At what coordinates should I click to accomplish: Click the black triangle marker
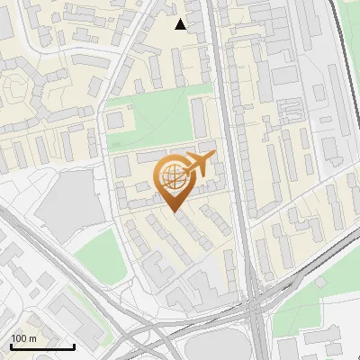181,24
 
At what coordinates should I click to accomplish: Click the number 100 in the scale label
20,337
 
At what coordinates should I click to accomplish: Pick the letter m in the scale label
33,337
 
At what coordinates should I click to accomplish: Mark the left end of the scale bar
11,346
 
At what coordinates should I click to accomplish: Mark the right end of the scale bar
75,346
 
